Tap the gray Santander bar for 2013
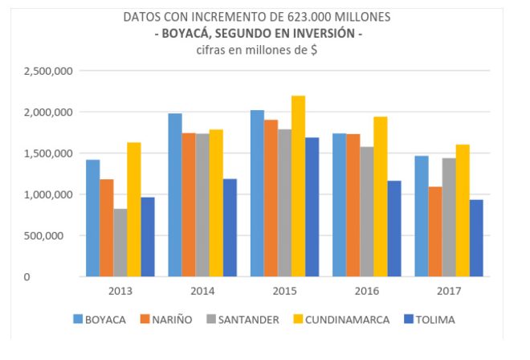click(x=120, y=243)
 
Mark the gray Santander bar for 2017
click(x=448, y=217)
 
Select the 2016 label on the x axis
click(x=366, y=289)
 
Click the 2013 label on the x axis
click(x=120, y=289)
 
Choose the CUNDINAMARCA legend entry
click(x=346, y=320)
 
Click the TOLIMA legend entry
click(x=434, y=320)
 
